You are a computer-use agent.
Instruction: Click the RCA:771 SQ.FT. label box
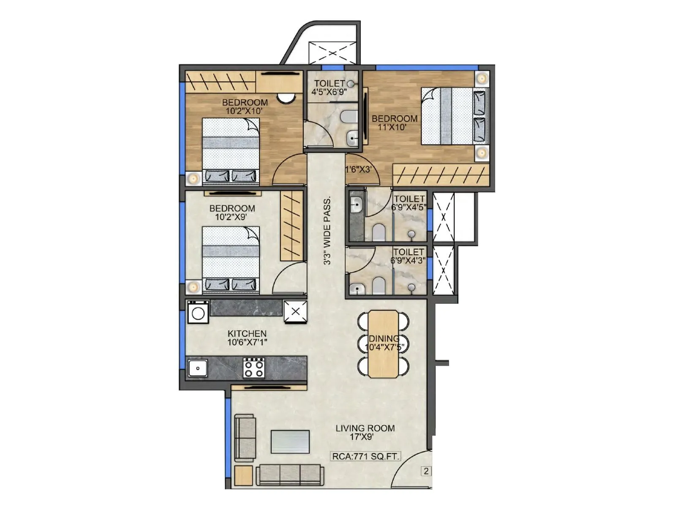tap(365, 456)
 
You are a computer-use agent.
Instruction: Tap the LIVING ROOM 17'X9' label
tap(365, 432)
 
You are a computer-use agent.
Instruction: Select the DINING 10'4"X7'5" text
tap(384, 343)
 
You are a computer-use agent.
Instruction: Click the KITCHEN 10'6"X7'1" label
tap(247, 338)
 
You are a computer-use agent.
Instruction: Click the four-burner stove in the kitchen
tap(254, 368)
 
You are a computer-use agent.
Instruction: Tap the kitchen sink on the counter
tap(197, 368)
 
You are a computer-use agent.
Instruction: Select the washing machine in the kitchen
tap(198, 313)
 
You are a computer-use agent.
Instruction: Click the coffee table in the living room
tap(290, 442)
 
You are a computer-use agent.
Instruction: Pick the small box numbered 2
tap(426, 471)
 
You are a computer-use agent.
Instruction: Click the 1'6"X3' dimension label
tap(358, 170)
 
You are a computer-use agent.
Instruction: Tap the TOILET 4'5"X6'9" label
tap(330, 87)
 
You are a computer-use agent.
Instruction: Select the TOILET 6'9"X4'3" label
tap(408, 256)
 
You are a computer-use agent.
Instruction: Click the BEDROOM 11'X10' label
tap(394, 123)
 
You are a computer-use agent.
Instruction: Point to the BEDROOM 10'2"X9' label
tap(232, 213)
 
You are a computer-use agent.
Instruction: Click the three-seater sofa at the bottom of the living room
tap(289, 475)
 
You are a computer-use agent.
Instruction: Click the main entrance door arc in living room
tap(412, 469)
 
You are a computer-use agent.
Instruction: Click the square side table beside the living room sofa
tap(243, 475)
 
